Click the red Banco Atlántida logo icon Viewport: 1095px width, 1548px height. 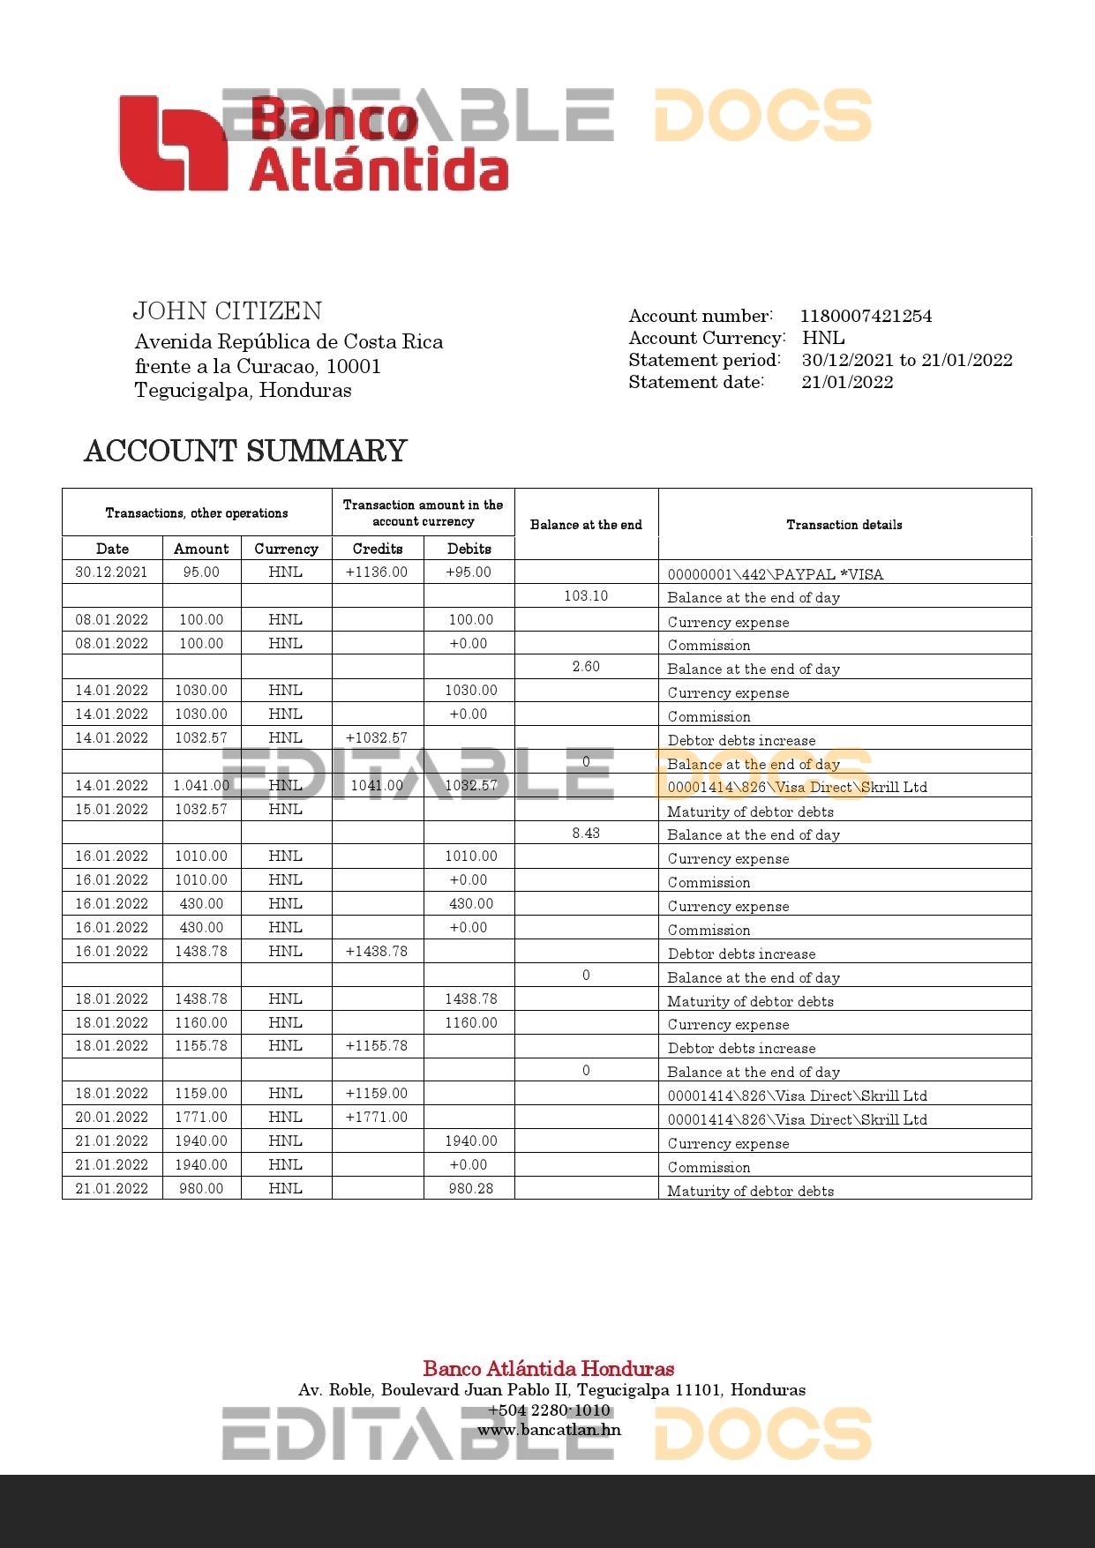click(x=173, y=144)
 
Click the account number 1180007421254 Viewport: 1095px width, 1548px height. click(x=866, y=316)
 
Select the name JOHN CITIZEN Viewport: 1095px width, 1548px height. click(x=228, y=310)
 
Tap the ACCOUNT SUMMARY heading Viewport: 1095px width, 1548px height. click(x=245, y=451)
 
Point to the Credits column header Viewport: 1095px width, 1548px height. click(x=378, y=549)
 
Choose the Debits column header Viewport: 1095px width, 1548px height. click(x=469, y=549)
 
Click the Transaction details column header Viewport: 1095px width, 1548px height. click(x=844, y=525)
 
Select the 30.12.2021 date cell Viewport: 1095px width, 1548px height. click(x=112, y=572)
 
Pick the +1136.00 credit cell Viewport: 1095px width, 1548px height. click(x=377, y=572)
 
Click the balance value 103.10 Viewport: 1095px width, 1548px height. click(x=586, y=595)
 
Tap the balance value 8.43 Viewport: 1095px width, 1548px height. click(x=586, y=833)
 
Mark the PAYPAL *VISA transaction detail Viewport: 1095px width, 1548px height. click(x=775, y=574)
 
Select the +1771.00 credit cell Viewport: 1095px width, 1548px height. click(x=377, y=1117)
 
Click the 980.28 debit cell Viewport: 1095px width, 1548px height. click(x=470, y=1188)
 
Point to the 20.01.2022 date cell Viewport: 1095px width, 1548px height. click(x=112, y=1117)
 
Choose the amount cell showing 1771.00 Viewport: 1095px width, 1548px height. click(x=201, y=1117)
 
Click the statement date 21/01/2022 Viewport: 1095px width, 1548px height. click(x=847, y=382)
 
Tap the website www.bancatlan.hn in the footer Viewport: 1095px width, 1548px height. click(x=549, y=1430)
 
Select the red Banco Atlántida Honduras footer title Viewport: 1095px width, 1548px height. click(x=548, y=1369)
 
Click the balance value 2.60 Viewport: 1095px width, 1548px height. click(x=586, y=666)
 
